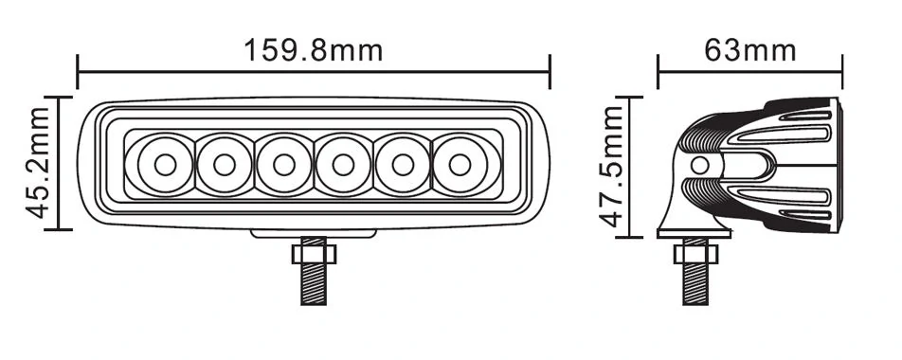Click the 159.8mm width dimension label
coord(314,48)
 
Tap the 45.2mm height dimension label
coord(38,162)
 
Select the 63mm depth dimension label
coord(750,48)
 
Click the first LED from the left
coord(165,165)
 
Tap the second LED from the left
coord(224,165)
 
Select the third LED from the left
coord(282,165)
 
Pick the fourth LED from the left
coord(342,165)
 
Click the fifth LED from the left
coord(401,165)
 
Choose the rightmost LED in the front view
coord(460,165)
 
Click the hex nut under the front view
coord(313,253)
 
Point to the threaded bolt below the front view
coord(313,284)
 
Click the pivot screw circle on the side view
coord(700,166)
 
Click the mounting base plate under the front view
coord(313,233)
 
